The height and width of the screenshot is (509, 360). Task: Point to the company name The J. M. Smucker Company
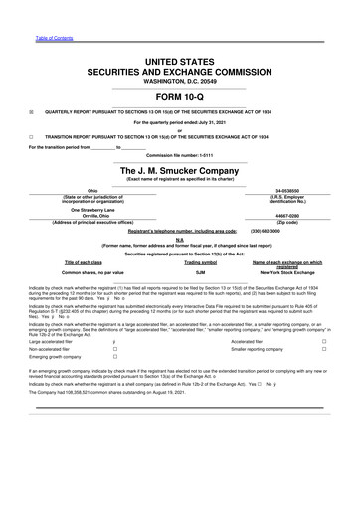(x=179, y=171)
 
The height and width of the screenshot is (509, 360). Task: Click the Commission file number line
(x=179, y=156)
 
